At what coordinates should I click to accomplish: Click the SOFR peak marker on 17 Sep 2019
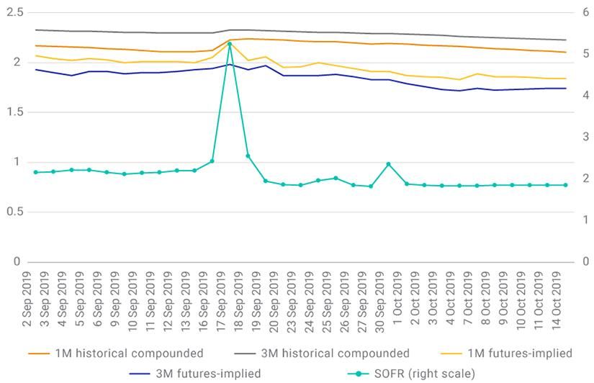click(230, 44)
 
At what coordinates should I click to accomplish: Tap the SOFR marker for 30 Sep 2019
click(389, 164)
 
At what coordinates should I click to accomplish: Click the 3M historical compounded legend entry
click(334, 353)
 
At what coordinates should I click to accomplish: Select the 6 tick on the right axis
click(587, 13)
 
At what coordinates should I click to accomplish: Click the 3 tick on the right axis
click(587, 137)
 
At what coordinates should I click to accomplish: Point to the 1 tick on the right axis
click(587, 220)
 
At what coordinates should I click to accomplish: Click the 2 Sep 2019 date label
click(27, 302)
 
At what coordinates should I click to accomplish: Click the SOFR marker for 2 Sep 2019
click(35, 172)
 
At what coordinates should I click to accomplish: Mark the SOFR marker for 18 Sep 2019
click(248, 156)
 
